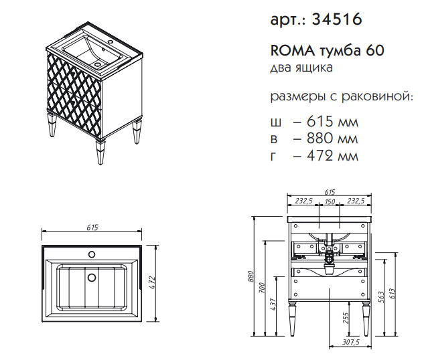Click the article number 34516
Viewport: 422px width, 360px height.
pyautogui.click(x=337, y=19)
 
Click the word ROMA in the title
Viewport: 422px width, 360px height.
pyautogui.click(x=293, y=51)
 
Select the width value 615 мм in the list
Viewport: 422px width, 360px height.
pyautogui.click(x=332, y=122)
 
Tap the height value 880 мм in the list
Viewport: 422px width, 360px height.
pyautogui.click(x=332, y=139)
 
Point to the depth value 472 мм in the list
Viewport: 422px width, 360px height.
pyautogui.click(x=332, y=156)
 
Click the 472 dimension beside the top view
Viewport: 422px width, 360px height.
pyautogui.click(x=152, y=282)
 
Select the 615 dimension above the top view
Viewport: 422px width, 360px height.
pyautogui.click(x=92, y=228)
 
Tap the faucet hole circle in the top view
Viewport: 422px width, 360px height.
pyautogui.click(x=92, y=254)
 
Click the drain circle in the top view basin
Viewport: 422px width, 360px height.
pyautogui.click(x=92, y=278)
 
